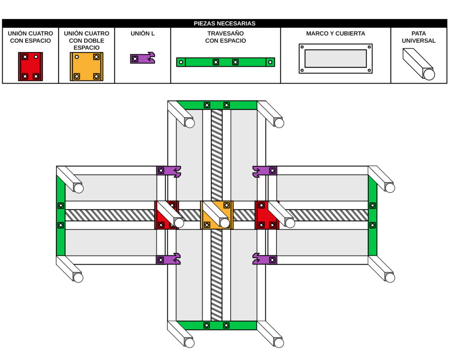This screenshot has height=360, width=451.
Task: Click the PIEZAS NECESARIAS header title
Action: [225, 23]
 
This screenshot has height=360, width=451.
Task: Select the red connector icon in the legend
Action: [30, 66]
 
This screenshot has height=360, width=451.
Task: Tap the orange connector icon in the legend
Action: [86, 66]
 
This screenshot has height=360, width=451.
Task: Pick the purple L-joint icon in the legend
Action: [142, 58]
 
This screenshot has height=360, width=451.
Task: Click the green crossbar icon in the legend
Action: [225, 62]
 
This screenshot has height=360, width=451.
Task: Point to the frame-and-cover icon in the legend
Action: [336, 59]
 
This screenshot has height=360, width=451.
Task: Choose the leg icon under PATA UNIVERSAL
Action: [418, 64]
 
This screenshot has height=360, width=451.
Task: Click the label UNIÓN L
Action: [143, 33]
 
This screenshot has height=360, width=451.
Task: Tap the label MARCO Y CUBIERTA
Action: [336, 33]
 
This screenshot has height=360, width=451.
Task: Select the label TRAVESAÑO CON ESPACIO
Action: [225, 37]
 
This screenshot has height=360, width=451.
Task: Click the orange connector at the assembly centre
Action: [217, 215]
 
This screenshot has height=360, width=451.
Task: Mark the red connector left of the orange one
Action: [166, 215]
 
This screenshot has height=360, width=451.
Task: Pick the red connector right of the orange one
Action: [267, 215]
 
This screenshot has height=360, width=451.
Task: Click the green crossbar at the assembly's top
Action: [217, 105]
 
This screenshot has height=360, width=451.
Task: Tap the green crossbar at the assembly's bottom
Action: [217, 325]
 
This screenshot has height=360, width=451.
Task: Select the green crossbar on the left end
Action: [61, 215]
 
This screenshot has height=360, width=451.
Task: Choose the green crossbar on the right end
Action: [373, 215]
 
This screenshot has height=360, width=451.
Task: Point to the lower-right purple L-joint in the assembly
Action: [265, 259]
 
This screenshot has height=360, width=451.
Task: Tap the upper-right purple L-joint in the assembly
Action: [265, 171]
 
